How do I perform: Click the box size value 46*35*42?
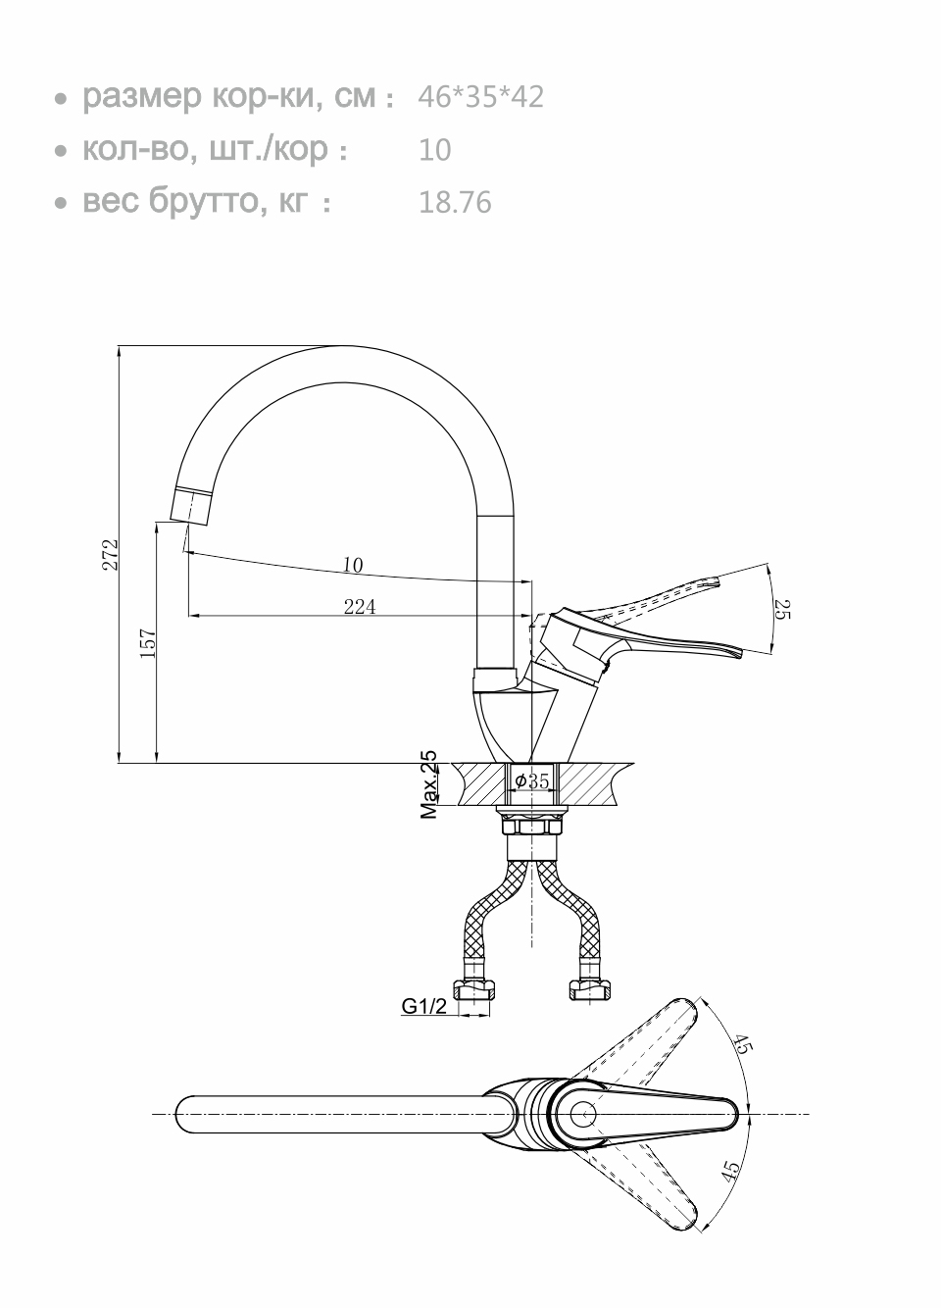tap(480, 97)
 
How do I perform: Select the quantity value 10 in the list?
tap(434, 150)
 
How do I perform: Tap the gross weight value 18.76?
tap(455, 203)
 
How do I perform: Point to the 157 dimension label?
tap(148, 644)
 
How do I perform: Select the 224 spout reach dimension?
tap(360, 608)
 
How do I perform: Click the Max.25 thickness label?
tap(429, 784)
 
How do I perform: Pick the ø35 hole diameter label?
tap(532, 781)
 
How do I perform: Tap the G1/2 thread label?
tap(423, 1005)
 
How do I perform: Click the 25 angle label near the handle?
tap(780, 609)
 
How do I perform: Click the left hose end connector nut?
tap(474, 990)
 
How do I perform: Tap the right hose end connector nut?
tap(590, 990)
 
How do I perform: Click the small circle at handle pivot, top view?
tap(583, 1115)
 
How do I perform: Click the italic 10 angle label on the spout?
tap(353, 565)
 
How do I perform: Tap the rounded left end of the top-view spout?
tap(186, 1115)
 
